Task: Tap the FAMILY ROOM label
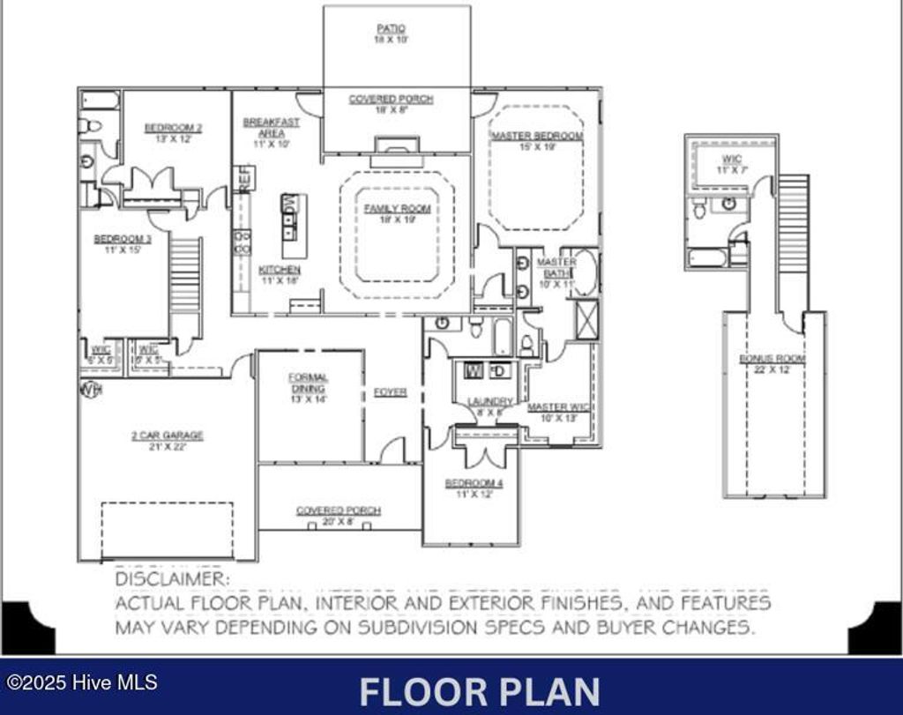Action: [x=398, y=209]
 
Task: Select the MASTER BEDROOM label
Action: [x=537, y=136]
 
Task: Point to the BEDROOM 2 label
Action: [x=173, y=128]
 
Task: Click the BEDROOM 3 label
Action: [x=123, y=239]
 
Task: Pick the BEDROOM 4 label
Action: [x=468, y=483]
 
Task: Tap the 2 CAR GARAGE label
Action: [x=167, y=436]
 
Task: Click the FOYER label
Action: [x=390, y=392]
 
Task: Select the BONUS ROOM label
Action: [x=772, y=359]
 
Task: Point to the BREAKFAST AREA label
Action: [x=271, y=128]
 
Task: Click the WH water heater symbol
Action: [x=90, y=389]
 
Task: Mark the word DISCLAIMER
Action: [x=172, y=579]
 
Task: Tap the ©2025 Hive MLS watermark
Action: [x=82, y=682]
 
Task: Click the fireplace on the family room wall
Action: [x=390, y=146]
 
